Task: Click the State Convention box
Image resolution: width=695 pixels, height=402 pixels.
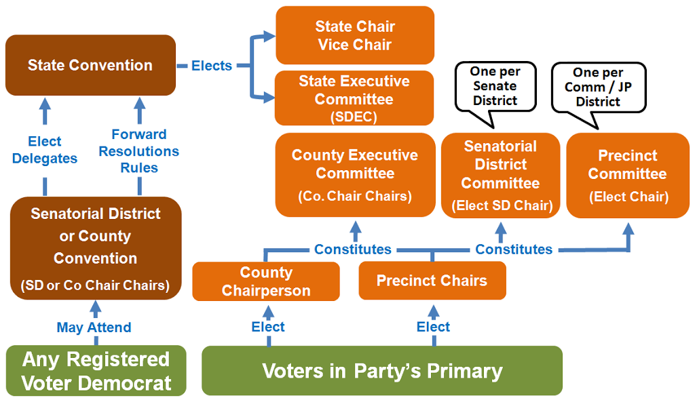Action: [90, 65]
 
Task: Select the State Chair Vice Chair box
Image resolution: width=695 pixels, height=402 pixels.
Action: [355, 35]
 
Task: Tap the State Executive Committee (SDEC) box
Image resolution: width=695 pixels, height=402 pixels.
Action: [354, 98]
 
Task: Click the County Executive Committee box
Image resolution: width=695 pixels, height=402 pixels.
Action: [355, 175]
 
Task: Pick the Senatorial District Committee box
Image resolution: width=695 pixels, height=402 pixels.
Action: [500, 176]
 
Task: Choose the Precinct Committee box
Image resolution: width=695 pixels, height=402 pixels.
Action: [628, 176]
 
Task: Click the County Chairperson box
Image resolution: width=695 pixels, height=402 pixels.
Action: [266, 281]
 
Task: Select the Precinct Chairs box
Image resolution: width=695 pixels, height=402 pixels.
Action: [432, 281]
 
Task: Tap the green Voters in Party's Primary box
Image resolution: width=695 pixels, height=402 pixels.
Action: [382, 371]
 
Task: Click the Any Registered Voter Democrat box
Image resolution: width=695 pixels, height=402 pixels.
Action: [96, 371]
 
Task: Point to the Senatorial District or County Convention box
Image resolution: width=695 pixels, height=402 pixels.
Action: [96, 248]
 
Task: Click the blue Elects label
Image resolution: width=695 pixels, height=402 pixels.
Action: [212, 66]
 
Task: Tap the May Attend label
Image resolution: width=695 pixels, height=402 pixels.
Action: [94, 327]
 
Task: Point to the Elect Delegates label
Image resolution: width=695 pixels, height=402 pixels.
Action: [45, 150]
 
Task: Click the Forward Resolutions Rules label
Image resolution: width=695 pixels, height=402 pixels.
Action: [139, 151]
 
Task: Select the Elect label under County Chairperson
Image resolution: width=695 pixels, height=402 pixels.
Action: [268, 327]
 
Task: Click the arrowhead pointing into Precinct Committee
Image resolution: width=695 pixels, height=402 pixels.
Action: [628, 229]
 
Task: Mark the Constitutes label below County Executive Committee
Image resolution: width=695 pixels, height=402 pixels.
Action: [353, 249]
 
